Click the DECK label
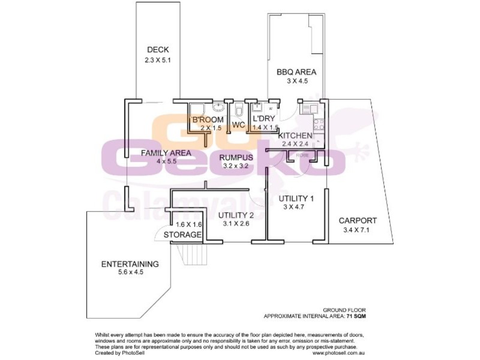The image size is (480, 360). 158,50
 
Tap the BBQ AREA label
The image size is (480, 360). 296,72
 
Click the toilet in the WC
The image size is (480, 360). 238,111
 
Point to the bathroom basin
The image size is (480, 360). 218,108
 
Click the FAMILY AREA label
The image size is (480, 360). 166,153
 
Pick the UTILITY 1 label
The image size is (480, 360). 296,198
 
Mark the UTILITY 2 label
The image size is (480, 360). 236,215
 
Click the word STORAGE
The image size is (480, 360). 183,235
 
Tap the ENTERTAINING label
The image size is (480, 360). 130,263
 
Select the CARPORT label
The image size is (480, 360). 358,220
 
